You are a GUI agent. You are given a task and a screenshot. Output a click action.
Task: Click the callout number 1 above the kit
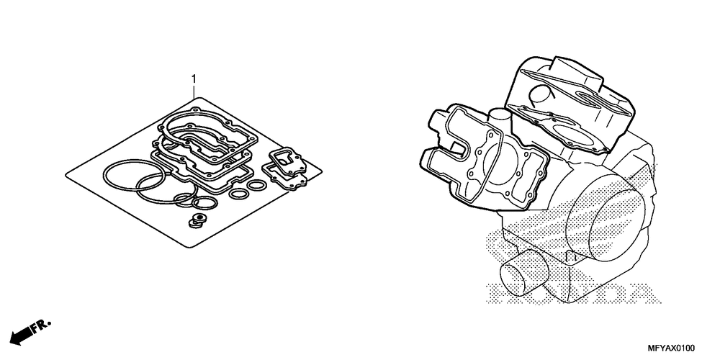coord(193,77)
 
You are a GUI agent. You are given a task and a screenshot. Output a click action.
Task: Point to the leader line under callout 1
coord(193,90)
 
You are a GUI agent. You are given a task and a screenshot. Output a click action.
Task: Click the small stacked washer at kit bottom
coord(197,218)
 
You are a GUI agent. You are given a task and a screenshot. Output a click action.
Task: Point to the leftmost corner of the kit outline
coord(66,173)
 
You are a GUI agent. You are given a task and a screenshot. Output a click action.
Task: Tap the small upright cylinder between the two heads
coord(500,119)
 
